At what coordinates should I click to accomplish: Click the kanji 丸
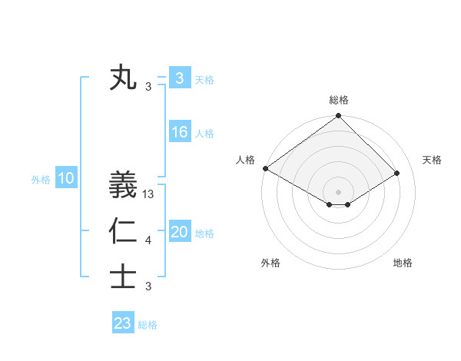(x=123, y=78)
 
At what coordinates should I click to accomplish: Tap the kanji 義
(x=123, y=185)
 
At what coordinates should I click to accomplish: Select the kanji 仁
(x=123, y=231)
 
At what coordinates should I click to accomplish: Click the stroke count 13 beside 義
(x=149, y=195)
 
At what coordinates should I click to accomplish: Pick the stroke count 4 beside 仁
(x=148, y=241)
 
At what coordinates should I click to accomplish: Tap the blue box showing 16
(x=180, y=132)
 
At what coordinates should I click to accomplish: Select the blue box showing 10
(x=66, y=179)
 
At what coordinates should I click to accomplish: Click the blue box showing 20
(x=180, y=233)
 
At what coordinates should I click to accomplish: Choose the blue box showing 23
(x=123, y=323)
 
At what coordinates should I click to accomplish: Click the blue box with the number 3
(x=180, y=78)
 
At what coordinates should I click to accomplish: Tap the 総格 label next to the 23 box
(x=148, y=325)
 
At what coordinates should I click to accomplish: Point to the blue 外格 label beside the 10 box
(x=41, y=180)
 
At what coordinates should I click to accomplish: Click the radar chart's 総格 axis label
(x=339, y=100)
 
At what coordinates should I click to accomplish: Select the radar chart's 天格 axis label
(x=432, y=160)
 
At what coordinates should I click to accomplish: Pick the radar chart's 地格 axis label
(x=403, y=263)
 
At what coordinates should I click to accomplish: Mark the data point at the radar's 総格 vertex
(x=339, y=117)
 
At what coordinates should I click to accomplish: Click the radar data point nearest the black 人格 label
(x=265, y=168)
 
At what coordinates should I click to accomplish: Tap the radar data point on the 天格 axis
(x=397, y=173)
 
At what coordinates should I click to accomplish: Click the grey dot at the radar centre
(x=339, y=191)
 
